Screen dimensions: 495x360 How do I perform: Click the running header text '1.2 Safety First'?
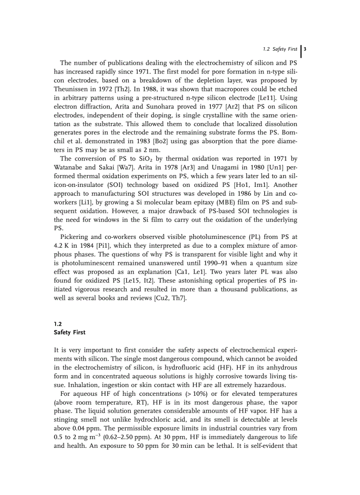tap(280, 49)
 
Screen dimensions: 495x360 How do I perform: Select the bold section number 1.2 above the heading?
tap(58, 323)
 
